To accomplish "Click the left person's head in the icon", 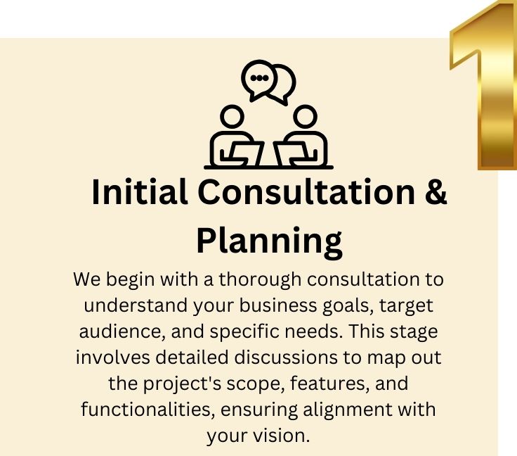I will pyautogui.click(x=233, y=115).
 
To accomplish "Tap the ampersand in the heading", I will pyautogui.click(x=436, y=193).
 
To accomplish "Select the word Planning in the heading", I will pyautogui.click(x=269, y=240).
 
